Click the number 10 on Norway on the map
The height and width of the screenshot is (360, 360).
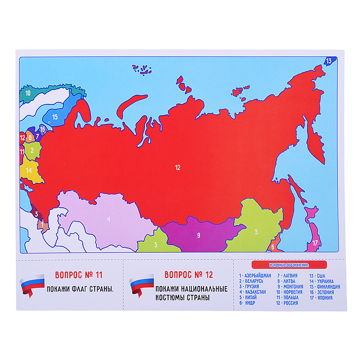click(28, 93)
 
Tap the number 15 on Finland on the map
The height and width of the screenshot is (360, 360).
click(55, 117)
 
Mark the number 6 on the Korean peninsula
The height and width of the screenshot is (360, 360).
click(273, 246)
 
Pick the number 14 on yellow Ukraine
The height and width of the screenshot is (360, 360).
click(29, 170)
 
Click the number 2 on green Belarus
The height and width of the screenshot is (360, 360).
click(32, 150)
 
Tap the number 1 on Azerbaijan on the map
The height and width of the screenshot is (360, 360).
click(41, 224)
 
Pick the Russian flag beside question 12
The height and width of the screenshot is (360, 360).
click(141, 287)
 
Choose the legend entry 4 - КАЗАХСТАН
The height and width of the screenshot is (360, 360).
click(255, 292)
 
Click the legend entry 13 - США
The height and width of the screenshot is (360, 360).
click(318, 276)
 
